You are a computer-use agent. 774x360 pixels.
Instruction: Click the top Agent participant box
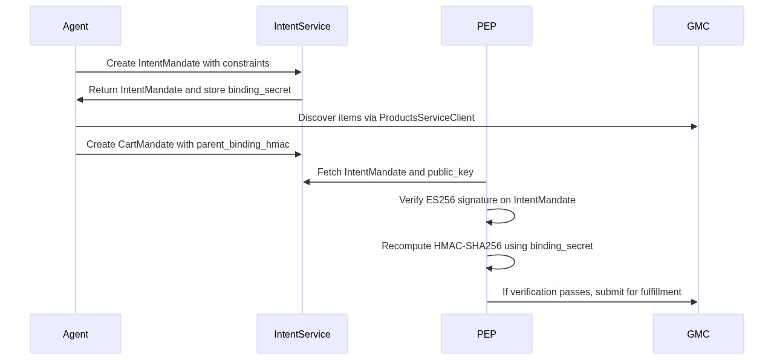(x=76, y=26)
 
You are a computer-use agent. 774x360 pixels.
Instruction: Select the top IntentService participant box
(x=302, y=26)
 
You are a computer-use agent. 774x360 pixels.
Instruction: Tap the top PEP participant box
(x=487, y=26)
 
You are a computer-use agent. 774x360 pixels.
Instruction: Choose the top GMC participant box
(x=698, y=26)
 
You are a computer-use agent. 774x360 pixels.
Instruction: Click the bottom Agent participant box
(x=76, y=334)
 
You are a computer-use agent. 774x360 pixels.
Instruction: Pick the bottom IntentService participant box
(x=302, y=334)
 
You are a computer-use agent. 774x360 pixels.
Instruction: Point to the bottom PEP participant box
(x=487, y=334)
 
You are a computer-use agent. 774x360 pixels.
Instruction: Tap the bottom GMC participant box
(x=698, y=334)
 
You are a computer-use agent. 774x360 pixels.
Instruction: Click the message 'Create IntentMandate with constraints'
(x=188, y=64)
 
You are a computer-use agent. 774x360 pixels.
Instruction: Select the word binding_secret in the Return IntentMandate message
(x=259, y=90)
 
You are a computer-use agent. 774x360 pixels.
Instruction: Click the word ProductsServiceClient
(x=426, y=118)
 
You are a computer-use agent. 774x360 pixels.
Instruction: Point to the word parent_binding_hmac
(x=242, y=145)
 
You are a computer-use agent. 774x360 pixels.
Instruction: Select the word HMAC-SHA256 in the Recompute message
(x=467, y=246)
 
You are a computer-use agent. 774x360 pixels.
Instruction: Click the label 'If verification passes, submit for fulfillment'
(x=591, y=292)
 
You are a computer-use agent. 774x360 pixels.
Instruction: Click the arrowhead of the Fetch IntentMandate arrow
(x=307, y=182)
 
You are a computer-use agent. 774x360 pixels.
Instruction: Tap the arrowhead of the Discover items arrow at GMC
(x=694, y=126)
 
